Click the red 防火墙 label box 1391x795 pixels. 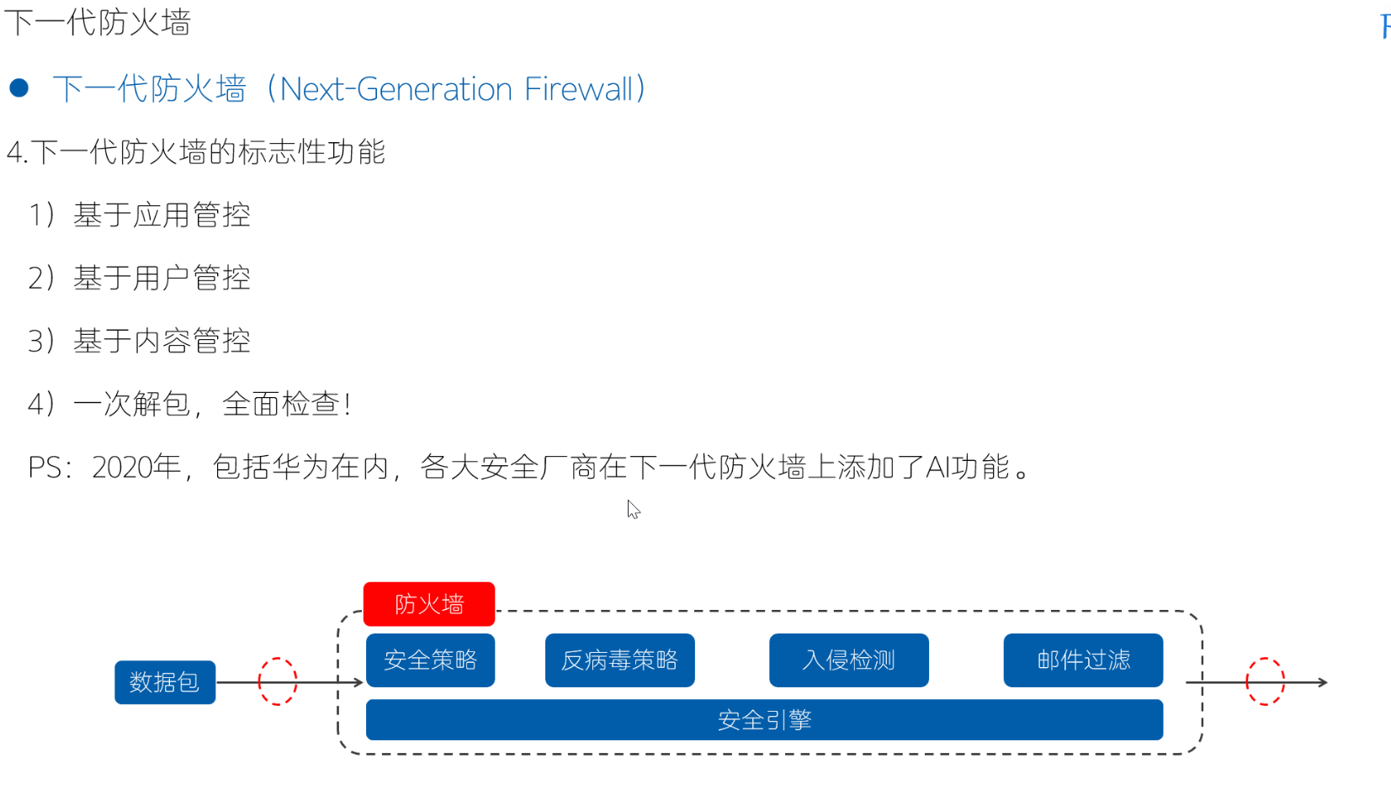[428, 604]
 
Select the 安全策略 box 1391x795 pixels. [430, 660]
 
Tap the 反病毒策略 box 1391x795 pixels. [619, 660]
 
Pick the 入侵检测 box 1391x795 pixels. [848, 660]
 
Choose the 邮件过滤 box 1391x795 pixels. [1083, 660]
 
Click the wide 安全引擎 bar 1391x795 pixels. [764, 720]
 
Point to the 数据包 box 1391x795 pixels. [165, 682]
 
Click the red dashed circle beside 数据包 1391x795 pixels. [278, 681]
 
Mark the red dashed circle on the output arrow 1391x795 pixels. [1265, 681]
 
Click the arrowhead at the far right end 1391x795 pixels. [1323, 682]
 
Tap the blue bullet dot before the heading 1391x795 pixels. [19, 87]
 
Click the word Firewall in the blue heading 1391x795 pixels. [578, 89]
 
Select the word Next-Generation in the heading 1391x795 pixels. [396, 89]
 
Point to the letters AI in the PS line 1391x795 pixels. [937, 467]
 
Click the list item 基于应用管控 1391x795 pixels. [162, 215]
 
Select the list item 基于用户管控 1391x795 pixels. [162, 278]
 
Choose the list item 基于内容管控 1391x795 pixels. [162, 342]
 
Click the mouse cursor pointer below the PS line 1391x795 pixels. [633, 509]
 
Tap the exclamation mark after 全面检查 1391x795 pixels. [348, 405]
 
